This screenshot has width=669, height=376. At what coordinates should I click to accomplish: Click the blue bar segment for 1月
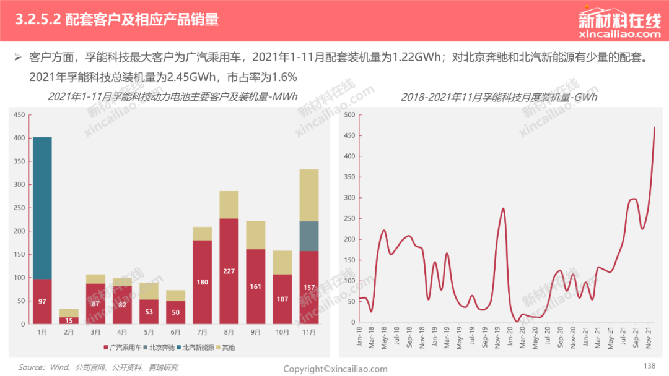(42, 208)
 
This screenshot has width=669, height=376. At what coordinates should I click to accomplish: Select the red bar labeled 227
(229, 271)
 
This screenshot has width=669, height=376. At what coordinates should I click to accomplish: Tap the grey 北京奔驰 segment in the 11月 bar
(309, 236)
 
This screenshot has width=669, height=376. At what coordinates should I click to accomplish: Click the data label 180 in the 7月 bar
(202, 282)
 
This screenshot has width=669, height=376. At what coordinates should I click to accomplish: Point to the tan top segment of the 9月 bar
(256, 235)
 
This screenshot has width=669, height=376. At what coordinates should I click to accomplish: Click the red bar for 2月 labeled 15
(69, 320)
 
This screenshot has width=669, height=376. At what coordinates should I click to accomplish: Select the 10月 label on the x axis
(282, 332)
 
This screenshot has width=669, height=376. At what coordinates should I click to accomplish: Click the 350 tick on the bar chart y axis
(19, 161)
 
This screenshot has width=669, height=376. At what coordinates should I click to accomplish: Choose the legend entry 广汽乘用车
(123, 348)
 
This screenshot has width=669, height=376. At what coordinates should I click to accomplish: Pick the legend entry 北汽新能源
(195, 348)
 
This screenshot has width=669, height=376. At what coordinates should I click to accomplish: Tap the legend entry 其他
(225, 348)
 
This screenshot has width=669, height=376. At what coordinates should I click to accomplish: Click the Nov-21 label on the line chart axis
(649, 338)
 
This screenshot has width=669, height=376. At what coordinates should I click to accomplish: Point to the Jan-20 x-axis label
(510, 338)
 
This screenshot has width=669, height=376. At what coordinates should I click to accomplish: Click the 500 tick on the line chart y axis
(349, 114)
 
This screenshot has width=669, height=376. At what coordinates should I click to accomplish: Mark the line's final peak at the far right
(654, 127)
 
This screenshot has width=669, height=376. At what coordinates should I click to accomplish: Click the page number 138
(649, 365)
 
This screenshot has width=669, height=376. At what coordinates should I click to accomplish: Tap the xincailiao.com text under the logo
(620, 34)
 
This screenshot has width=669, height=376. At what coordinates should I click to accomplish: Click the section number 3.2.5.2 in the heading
(38, 20)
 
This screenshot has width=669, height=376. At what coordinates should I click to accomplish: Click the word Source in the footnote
(30, 367)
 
